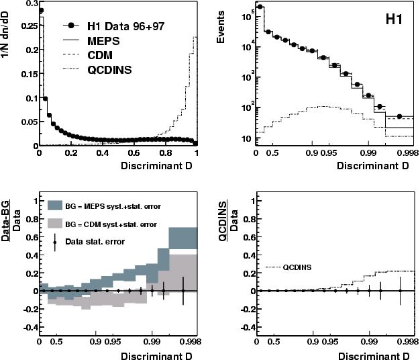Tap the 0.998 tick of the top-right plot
[404, 154]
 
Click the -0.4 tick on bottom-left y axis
[25, 330]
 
